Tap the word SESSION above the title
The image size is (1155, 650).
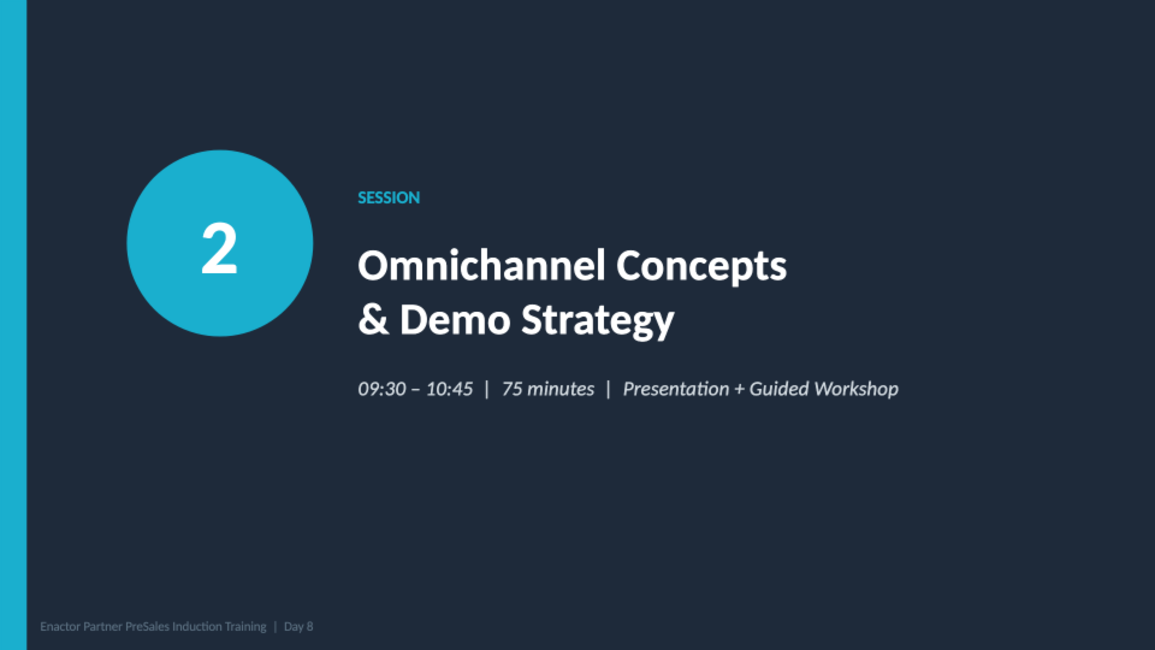389,198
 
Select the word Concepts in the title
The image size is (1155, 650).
701,266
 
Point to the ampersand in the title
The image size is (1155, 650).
373,320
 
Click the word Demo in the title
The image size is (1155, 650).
455,320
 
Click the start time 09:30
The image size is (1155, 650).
381,389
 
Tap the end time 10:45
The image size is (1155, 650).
449,389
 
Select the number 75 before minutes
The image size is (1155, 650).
512,389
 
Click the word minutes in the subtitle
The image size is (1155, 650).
561,389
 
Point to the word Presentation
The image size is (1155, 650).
676,389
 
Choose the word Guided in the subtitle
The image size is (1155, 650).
779,389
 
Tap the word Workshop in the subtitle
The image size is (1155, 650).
856,389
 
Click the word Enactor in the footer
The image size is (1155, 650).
60,627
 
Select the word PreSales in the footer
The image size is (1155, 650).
147,627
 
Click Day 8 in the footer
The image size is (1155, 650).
298,627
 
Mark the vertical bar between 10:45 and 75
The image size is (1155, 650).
487,389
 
